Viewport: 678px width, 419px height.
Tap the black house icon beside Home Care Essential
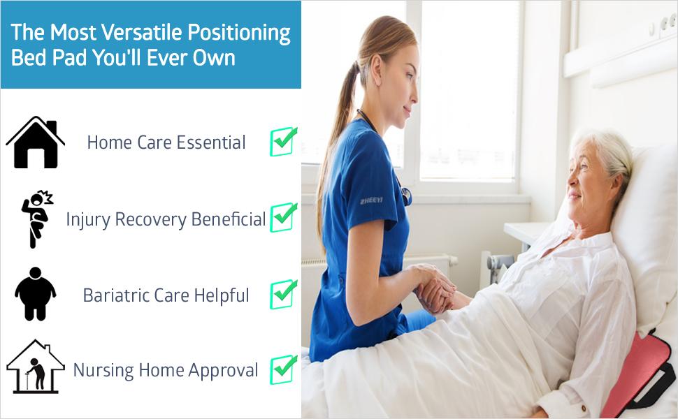[36, 142]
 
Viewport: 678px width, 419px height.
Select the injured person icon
[37, 219]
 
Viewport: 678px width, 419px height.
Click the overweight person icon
[36, 294]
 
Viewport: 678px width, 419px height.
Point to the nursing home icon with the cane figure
[36, 367]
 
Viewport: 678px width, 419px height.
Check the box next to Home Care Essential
[283, 142]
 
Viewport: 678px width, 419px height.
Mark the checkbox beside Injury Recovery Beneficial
[283, 217]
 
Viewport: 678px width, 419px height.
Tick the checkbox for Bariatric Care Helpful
[283, 294]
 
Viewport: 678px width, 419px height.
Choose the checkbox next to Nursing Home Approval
[283, 369]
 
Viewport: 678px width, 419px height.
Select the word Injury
[88, 220]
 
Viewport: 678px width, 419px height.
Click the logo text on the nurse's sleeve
[371, 201]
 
